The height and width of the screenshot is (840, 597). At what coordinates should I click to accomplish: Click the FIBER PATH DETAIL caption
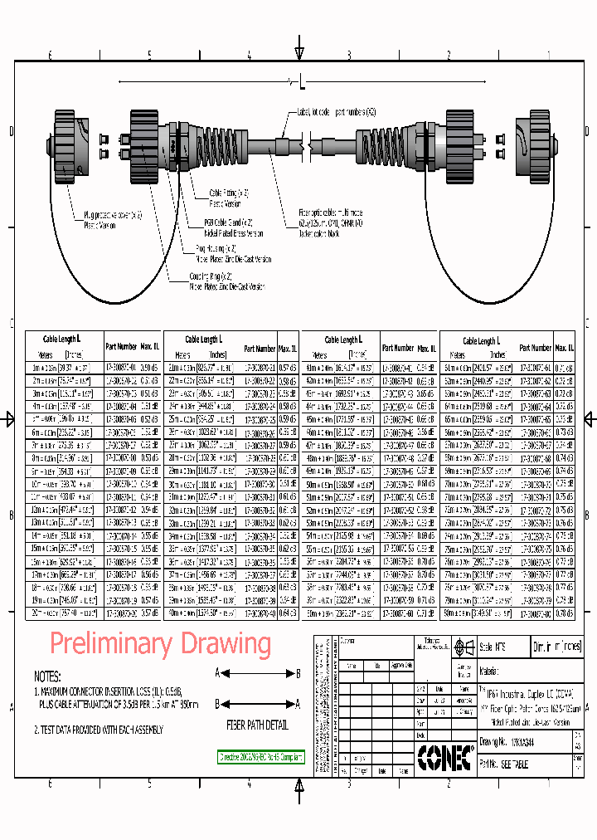(257, 725)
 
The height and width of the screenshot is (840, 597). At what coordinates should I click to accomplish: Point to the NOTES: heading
(52, 676)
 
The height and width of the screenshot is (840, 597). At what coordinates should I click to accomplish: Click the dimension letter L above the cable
(302, 83)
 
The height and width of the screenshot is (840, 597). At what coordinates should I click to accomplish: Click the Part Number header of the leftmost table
(121, 346)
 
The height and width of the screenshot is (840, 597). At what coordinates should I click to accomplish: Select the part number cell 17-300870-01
(121, 366)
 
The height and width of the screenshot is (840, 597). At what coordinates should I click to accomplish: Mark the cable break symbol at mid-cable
(308, 147)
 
